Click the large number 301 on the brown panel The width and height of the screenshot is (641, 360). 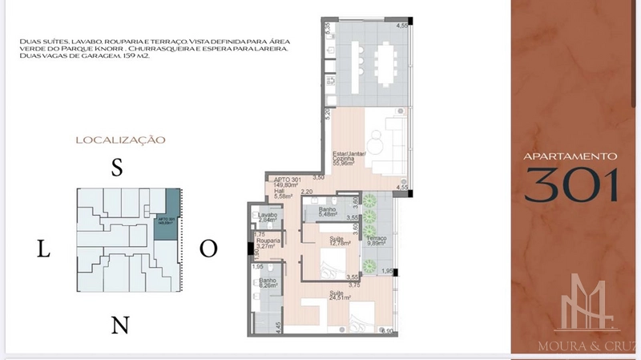[x=572, y=184]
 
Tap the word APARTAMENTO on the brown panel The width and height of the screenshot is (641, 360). [x=570, y=156]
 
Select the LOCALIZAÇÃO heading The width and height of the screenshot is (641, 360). [x=120, y=140]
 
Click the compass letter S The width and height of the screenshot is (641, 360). [x=116, y=168]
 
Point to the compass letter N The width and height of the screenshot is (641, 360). [x=119, y=325]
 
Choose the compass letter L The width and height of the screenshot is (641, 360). [x=44, y=249]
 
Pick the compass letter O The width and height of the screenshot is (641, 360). [x=208, y=249]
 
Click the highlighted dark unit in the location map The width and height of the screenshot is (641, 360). [x=167, y=217]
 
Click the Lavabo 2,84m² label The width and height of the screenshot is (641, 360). [x=268, y=218]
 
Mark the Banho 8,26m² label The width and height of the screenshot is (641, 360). [x=268, y=284]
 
